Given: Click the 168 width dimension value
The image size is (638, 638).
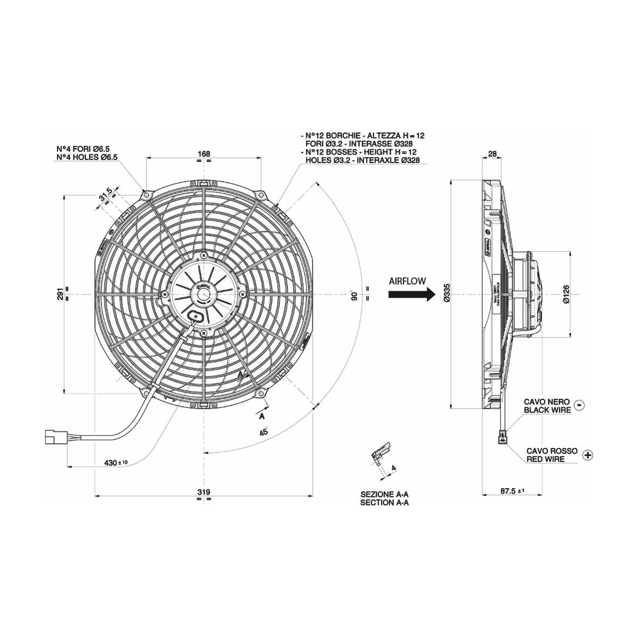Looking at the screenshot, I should click(x=204, y=154).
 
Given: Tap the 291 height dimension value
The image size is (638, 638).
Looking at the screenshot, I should click(x=60, y=294).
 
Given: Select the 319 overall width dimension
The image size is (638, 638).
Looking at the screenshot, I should click(x=204, y=492).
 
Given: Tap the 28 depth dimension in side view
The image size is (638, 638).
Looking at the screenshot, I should click(x=492, y=154).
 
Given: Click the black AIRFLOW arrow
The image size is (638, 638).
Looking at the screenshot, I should click(x=409, y=295).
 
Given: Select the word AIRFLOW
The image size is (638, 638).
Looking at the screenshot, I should click(x=407, y=281).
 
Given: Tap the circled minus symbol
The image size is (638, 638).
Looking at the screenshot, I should click(x=580, y=404).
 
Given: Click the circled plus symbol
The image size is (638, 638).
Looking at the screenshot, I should click(x=588, y=455).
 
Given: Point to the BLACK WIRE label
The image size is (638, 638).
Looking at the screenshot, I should click(x=547, y=410).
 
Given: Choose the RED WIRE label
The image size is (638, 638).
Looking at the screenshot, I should click(x=546, y=460).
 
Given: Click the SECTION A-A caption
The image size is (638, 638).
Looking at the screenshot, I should click(x=384, y=502).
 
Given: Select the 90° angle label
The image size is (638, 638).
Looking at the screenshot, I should click(x=353, y=295).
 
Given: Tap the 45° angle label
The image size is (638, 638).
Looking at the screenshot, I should click(x=264, y=431).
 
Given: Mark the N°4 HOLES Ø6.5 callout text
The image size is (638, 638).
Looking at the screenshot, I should click(x=87, y=157).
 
